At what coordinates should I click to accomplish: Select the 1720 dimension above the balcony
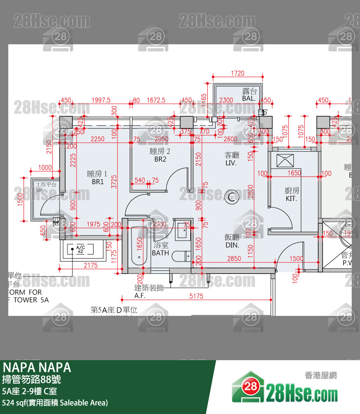point(238,74)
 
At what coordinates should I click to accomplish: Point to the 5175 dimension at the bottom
point(197,296)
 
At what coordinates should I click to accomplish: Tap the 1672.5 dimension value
point(156,100)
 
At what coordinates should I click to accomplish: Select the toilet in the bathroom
point(181,256)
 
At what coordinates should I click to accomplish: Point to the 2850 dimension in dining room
point(234,259)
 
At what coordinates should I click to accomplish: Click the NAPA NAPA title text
point(37,368)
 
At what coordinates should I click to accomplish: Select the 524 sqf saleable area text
point(55,402)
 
